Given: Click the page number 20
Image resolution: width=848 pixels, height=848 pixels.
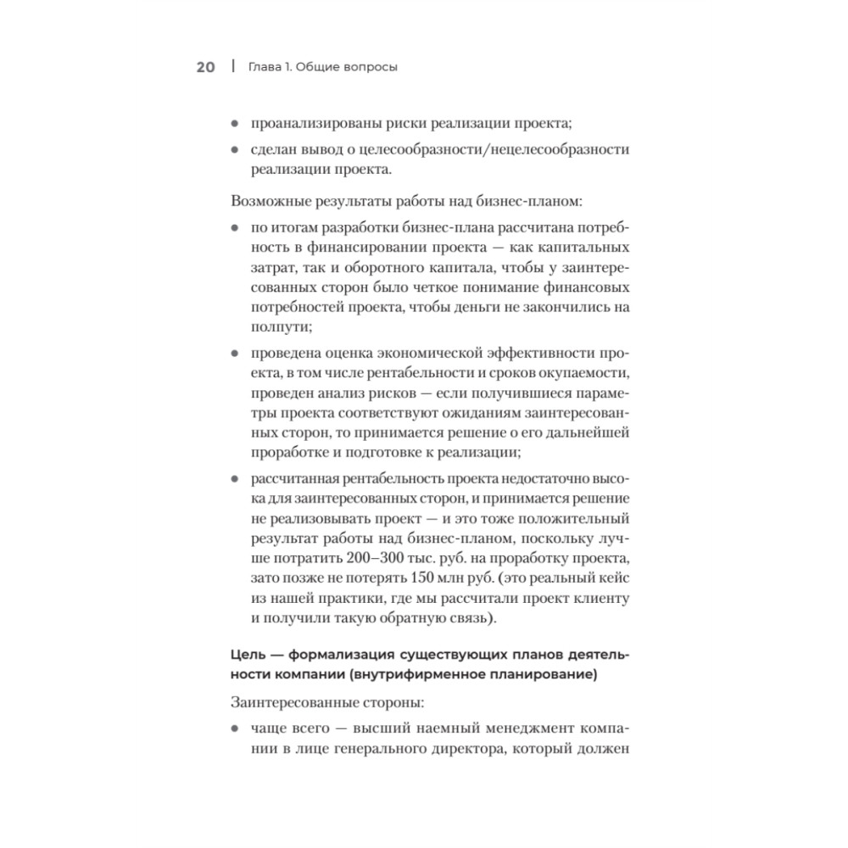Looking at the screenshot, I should click(206, 68).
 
